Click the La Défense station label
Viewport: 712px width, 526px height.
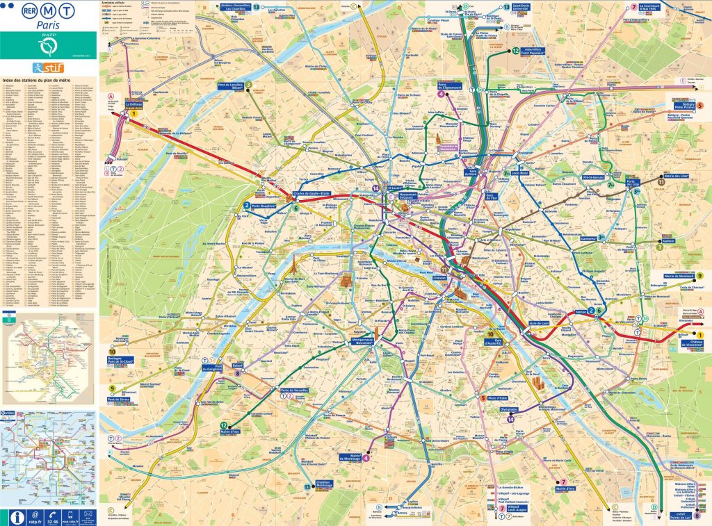[132, 104]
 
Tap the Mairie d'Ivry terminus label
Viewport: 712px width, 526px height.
[570, 489]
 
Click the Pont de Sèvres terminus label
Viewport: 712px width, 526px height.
[121, 400]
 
